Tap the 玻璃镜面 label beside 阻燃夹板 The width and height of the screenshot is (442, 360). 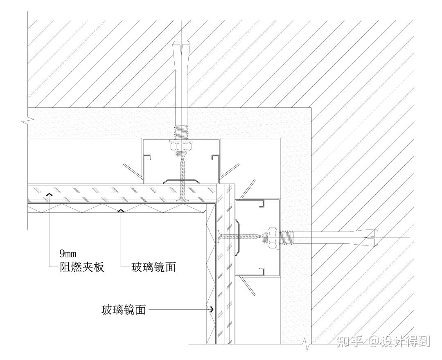(153, 268)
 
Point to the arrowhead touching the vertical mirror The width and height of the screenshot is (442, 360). (212, 310)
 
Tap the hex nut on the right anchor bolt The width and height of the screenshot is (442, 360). (271, 237)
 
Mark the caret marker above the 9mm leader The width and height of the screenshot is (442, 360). (49, 195)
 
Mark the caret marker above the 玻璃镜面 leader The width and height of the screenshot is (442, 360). (120, 211)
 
